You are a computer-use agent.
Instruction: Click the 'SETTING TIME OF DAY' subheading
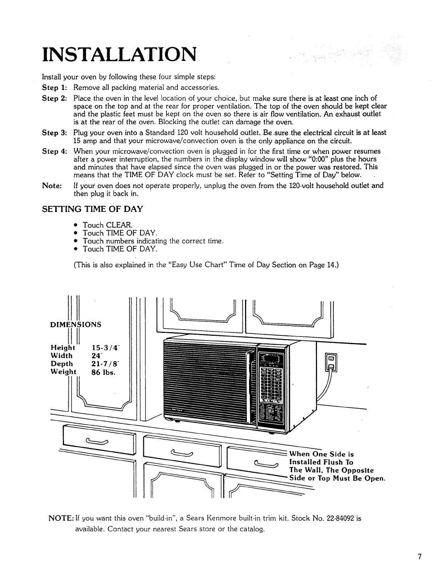(x=92, y=209)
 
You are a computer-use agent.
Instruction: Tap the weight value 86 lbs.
(x=104, y=372)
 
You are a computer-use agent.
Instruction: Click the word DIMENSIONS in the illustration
(x=76, y=325)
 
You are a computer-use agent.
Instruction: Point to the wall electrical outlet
(x=332, y=362)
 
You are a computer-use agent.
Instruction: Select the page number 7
(x=420, y=557)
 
